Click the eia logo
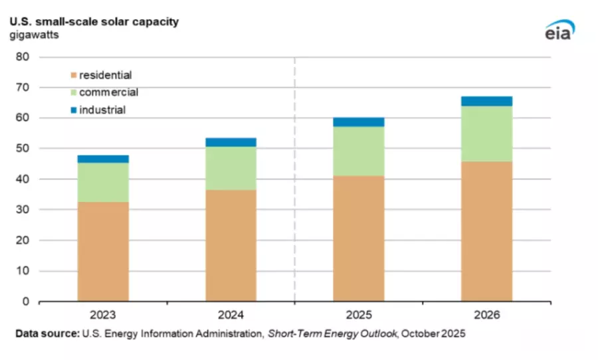(558, 30)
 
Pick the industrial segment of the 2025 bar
(359, 122)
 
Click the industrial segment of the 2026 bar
(486, 101)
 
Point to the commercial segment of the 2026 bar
(486, 134)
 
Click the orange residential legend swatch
(73, 75)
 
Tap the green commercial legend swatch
(73, 92)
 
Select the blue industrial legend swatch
(73, 110)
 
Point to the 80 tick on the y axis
(23, 57)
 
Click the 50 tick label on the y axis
(23, 149)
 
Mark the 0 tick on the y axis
(26, 302)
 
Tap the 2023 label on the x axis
(103, 314)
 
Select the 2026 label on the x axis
(486, 314)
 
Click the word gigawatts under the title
(34, 35)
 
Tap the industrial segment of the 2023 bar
(103, 159)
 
